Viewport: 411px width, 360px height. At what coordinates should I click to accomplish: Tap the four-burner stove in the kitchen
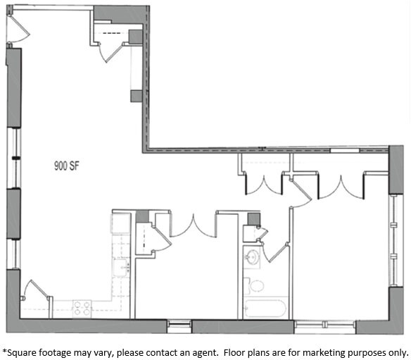coord(82,308)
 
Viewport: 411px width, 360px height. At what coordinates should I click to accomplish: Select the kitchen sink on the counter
coord(121,267)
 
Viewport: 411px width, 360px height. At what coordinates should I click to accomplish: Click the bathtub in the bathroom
coord(265,309)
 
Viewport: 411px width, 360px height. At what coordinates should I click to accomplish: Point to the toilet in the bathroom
coord(256,286)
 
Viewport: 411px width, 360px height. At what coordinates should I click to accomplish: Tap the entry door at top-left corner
coord(18,27)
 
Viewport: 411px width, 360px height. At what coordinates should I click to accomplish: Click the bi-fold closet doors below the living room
coord(192,224)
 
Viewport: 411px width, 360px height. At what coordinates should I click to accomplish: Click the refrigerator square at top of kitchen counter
coord(120,224)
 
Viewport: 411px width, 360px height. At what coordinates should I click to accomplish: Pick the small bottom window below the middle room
coord(179,325)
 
